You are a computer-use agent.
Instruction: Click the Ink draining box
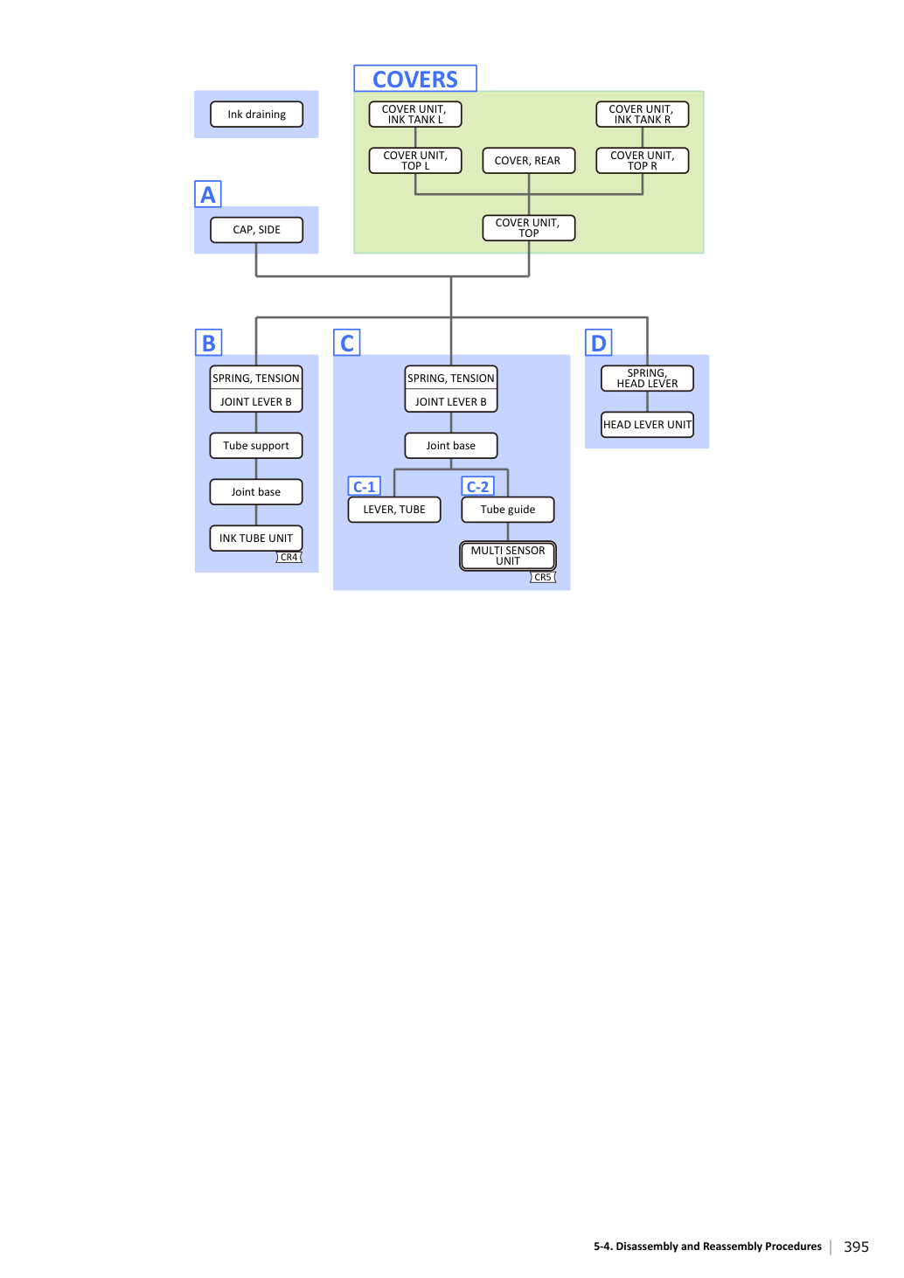coord(256,115)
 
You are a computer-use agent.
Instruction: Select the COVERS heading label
coord(415,79)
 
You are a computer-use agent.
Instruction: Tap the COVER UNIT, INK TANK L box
coord(415,115)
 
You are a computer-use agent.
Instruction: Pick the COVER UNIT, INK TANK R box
coord(642,115)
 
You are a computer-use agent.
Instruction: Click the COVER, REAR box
coord(528,160)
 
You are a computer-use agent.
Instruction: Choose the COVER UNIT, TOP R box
coord(642,160)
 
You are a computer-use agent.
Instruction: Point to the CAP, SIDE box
coord(256,230)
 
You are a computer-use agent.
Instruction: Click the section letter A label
coord(208,194)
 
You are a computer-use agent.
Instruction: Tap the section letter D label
coord(599,343)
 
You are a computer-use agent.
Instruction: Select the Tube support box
coord(255,446)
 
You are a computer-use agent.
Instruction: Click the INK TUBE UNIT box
coord(255,538)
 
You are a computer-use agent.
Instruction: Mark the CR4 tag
coord(289,557)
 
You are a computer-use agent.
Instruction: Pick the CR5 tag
coord(543,578)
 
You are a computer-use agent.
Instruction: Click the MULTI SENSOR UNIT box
coord(507,556)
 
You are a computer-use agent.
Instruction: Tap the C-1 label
coord(364,486)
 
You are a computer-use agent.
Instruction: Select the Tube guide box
coord(507,510)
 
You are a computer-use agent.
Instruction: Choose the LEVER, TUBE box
coord(394,510)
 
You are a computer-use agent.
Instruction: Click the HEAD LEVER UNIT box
coord(647,425)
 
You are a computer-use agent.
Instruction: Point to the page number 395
coord(856,1247)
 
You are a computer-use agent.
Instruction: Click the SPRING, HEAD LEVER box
coord(647,379)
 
